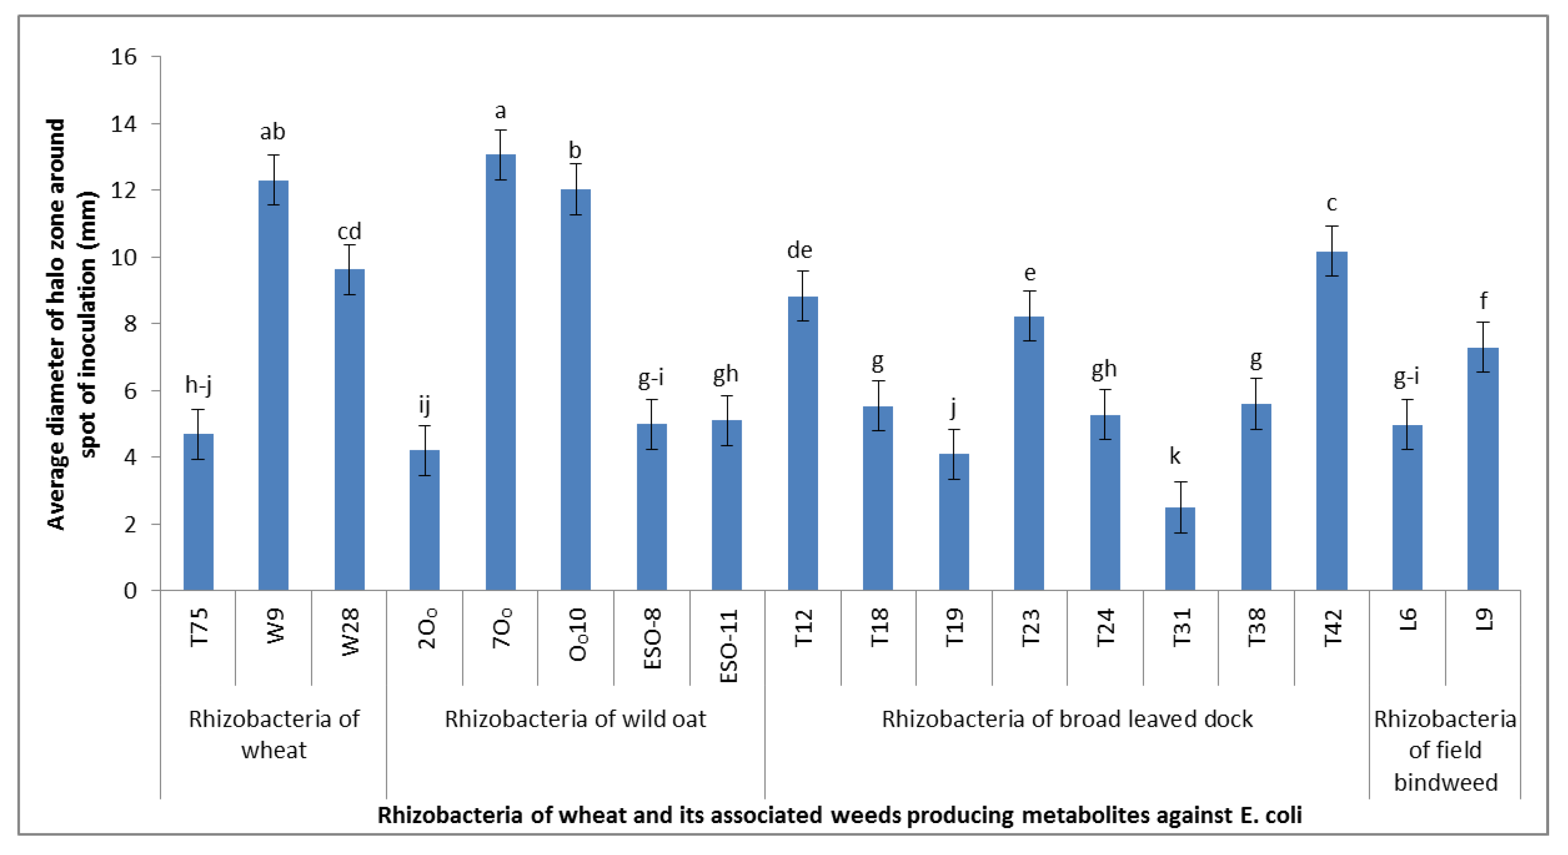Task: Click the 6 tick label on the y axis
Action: [x=130, y=391]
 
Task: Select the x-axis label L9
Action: [x=1483, y=619]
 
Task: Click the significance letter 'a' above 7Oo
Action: [x=500, y=111]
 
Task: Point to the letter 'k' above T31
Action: [x=1174, y=455]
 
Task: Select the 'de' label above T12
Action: [x=799, y=250]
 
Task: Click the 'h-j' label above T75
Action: [x=198, y=384]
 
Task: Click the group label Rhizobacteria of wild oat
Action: [x=575, y=719]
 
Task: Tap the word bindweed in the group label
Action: [x=1445, y=782]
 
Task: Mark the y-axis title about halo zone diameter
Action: [x=71, y=324]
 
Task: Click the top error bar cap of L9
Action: [x=1483, y=322]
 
